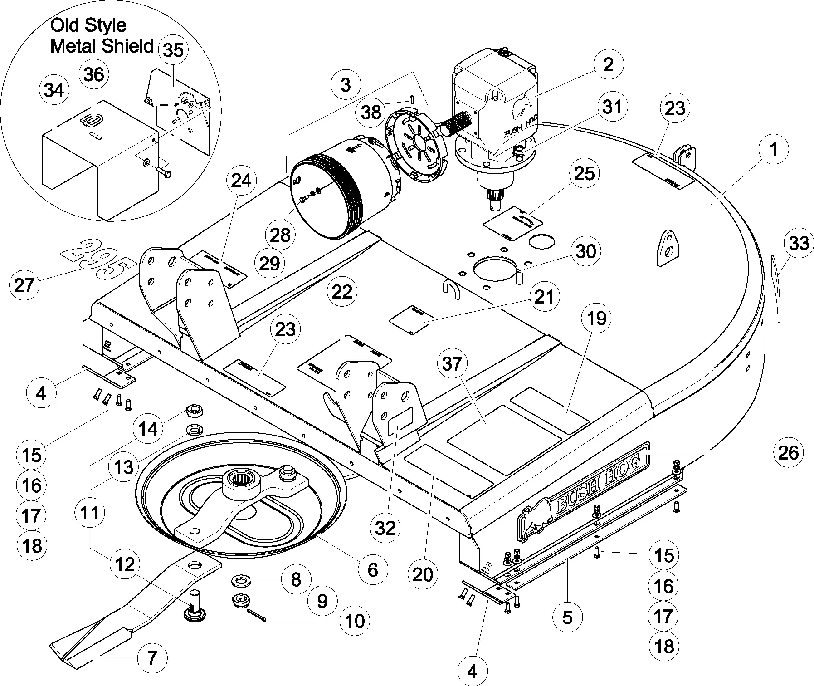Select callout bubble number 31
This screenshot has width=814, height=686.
pyautogui.click(x=612, y=107)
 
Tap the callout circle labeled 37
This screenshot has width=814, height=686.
pyautogui.click(x=452, y=364)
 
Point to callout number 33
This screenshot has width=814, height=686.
pyautogui.click(x=799, y=243)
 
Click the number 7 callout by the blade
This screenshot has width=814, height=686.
pyautogui.click(x=151, y=657)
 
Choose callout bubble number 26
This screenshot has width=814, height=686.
pyautogui.click(x=788, y=452)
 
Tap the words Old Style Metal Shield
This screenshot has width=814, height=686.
pyautogui.click(x=101, y=36)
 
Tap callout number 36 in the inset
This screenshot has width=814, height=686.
pyautogui.click(x=94, y=74)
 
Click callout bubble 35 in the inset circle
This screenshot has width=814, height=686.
pyautogui.click(x=173, y=50)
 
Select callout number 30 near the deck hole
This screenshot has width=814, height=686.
pyautogui.click(x=585, y=250)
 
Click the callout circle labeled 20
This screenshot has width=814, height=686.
pyautogui.click(x=423, y=575)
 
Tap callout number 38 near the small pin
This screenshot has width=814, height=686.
pyautogui.click(x=371, y=112)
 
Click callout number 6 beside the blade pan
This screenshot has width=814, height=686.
pyautogui.click(x=372, y=570)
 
